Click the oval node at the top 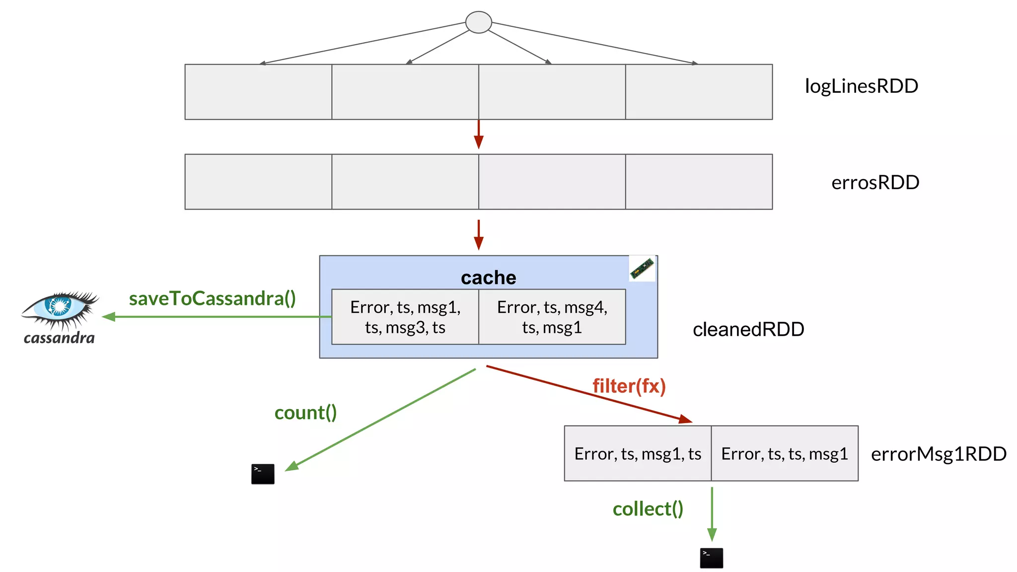click(x=478, y=22)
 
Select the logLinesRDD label click(x=861, y=86)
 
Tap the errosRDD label click(x=875, y=183)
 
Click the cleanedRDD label click(x=748, y=329)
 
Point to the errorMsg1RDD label click(x=938, y=454)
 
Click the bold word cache click(x=488, y=278)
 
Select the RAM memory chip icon click(x=642, y=269)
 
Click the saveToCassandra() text click(x=212, y=298)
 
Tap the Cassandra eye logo click(x=60, y=308)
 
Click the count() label click(x=305, y=413)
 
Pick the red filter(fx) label click(x=629, y=386)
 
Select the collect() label click(x=648, y=509)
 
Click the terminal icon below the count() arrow click(x=263, y=474)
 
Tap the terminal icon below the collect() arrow click(x=711, y=558)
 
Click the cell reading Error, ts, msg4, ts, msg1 click(x=552, y=317)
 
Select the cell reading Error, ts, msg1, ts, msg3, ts click(x=405, y=317)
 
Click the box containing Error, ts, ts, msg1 click(x=784, y=453)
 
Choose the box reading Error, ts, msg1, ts click(x=638, y=453)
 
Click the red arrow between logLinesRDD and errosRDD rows click(x=478, y=135)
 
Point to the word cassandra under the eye click(x=59, y=338)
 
